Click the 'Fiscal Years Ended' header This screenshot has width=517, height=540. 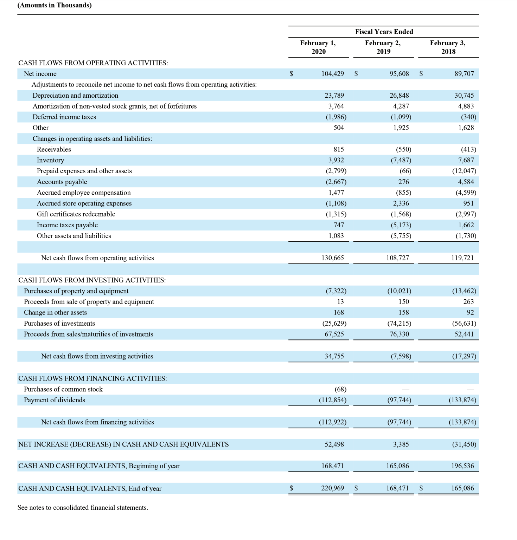(x=384, y=32)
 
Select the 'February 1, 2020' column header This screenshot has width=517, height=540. (x=318, y=47)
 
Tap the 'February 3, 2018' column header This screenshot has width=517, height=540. (x=448, y=47)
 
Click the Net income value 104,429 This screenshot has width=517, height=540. (x=332, y=74)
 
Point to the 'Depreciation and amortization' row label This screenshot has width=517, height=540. (x=75, y=96)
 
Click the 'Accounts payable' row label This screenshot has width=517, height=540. (x=62, y=182)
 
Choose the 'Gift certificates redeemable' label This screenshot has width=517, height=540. (x=76, y=214)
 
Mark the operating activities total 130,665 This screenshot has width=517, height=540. (x=332, y=258)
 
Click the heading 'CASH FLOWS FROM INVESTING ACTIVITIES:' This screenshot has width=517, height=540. (x=92, y=280)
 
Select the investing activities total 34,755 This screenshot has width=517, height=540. (x=334, y=356)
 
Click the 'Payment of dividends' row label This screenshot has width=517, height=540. (x=55, y=400)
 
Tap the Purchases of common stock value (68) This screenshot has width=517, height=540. (x=340, y=389)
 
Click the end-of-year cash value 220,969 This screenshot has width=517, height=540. (x=332, y=488)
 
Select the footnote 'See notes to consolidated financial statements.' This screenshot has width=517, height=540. (x=83, y=508)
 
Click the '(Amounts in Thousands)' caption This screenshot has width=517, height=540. (x=55, y=5)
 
